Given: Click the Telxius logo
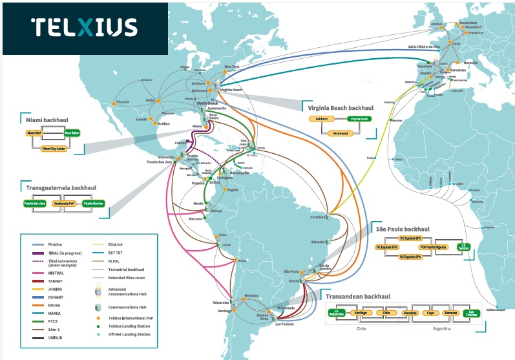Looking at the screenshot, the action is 85,28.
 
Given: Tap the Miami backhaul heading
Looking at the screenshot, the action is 48,120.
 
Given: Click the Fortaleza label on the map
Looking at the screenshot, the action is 317,217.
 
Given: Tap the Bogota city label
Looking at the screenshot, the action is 232,189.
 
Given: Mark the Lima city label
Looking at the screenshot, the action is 224,233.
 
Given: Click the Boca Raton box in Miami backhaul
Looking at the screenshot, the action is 72,132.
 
